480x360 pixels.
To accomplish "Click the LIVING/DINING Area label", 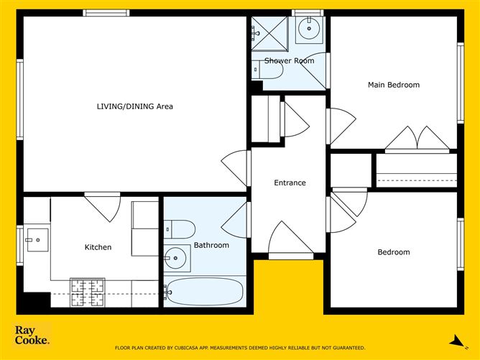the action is (x=134, y=106).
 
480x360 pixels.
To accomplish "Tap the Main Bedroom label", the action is (x=394, y=85).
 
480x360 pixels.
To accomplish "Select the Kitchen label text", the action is (x=98, y=247).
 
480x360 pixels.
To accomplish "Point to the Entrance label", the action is (x=290, y=183).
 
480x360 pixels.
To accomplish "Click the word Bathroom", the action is (x=211, y=245).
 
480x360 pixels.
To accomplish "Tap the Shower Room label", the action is (x=290, y=60).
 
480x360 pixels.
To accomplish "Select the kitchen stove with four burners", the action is (x=88, y=292).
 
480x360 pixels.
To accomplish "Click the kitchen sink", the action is (x=37, y=240).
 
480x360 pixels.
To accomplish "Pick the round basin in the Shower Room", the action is (x=309, y=29).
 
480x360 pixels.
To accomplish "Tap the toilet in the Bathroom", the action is (x=180, y=229).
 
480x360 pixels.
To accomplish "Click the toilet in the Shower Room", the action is (x=267, y=70).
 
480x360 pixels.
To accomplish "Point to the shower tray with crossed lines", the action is (x=269, y=34).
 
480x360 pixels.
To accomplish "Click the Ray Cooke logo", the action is (x=32, y=335).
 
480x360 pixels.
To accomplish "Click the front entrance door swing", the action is (x=291, y=238).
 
